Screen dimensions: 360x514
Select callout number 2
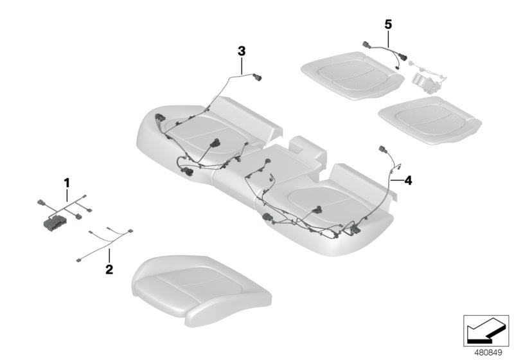click(109, 269)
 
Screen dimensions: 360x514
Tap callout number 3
click(241, 50)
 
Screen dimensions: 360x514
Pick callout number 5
click(387, 24)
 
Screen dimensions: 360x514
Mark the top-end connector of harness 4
click(384, 151)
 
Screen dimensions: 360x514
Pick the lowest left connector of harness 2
click(78, 260)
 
